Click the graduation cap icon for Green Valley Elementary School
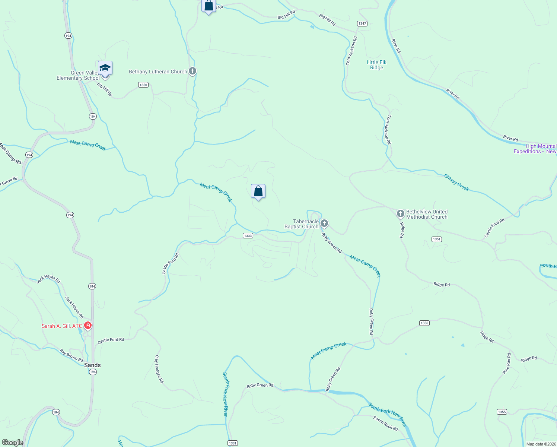tap(105, 69)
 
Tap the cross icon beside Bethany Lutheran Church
tap(192, 71)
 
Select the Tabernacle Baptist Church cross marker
tap(324, 223)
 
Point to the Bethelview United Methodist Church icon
tap(400, 214)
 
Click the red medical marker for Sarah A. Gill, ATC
tap(88, 326)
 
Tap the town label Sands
tap(92, 365)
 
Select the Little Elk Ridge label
tap(376, 65)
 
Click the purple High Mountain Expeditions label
tap(535, 149)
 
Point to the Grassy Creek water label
tap(456, 182)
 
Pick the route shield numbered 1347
tap(362, 23)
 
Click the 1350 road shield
tap(143, 85)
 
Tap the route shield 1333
tap(248, 235)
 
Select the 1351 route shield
tap(437, 239)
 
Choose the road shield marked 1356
tap(424, 323)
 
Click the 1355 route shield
tap(502, 412)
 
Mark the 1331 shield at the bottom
tap(233, 443)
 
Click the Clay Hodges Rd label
tap(159, 369)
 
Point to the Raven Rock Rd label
tap(385, 424)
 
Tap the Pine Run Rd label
tap(506, 364)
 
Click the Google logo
tap(13, 443)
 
